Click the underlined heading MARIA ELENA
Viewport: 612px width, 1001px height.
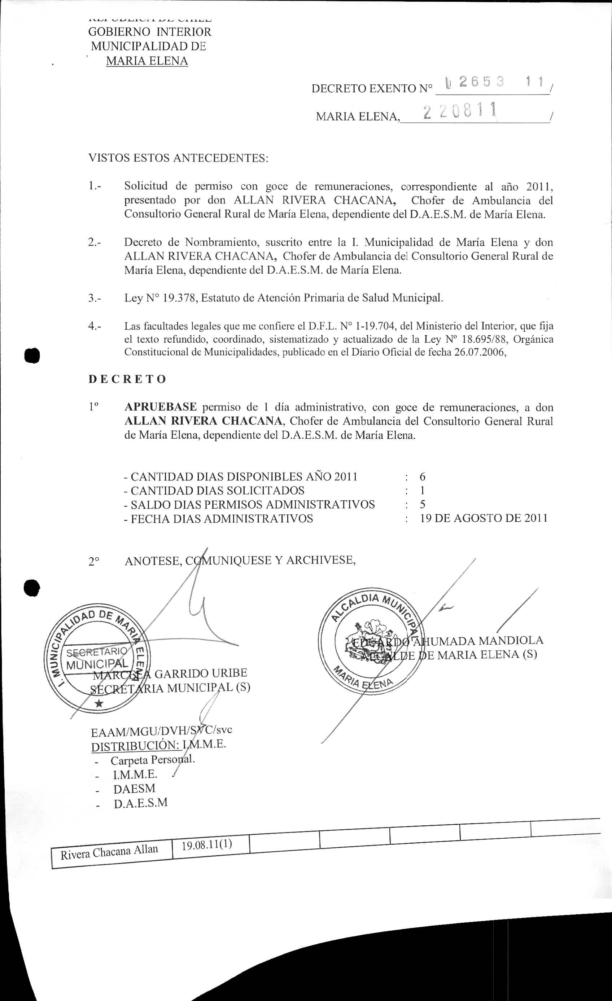(x=147, y=61)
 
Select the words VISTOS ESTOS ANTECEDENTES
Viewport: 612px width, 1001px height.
(x=178, y=158)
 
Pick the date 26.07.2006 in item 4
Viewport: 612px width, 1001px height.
(x=480, y=352)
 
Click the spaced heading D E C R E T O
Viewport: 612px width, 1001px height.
(x=127, y=379)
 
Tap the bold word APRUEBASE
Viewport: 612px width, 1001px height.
(x=161, y=407)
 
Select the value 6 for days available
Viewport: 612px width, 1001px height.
(x=423, y=477)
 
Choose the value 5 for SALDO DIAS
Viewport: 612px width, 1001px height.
(x=423, y=505)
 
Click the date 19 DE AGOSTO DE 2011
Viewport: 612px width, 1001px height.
(x=484, y=518)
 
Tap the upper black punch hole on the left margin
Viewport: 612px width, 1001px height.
(x=32, y=355)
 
